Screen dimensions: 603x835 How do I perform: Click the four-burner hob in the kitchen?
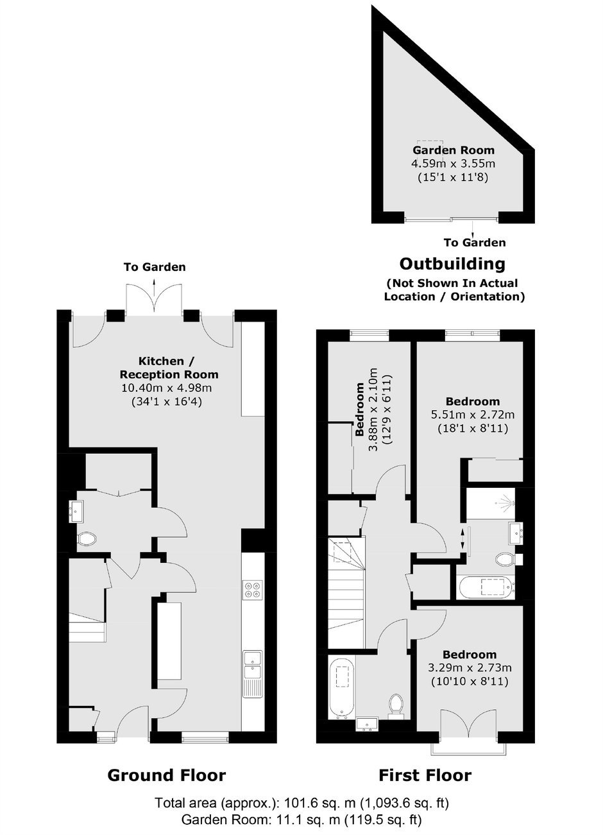pyautogui.click(x=253, y=589)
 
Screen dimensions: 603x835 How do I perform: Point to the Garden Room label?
pyautogui.click(x=454, y=150)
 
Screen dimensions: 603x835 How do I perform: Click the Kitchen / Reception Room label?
pyautogui.click(x=169, y=368)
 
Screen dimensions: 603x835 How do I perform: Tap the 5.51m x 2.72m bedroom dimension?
pyautogui.click(x=473, y=415)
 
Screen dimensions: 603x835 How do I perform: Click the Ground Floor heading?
pyautogui.click(x=167, y=775)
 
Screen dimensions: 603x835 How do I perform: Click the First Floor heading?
pyautogui.click(x=425, y=775)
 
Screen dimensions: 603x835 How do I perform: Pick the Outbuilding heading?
pyautogui.click(x=452, y=264)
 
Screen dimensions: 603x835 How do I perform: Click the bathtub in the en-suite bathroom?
pyautogui.click(x=486, y=588)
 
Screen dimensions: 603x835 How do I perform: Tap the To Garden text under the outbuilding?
pyautogui.click(x=475, y=243)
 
